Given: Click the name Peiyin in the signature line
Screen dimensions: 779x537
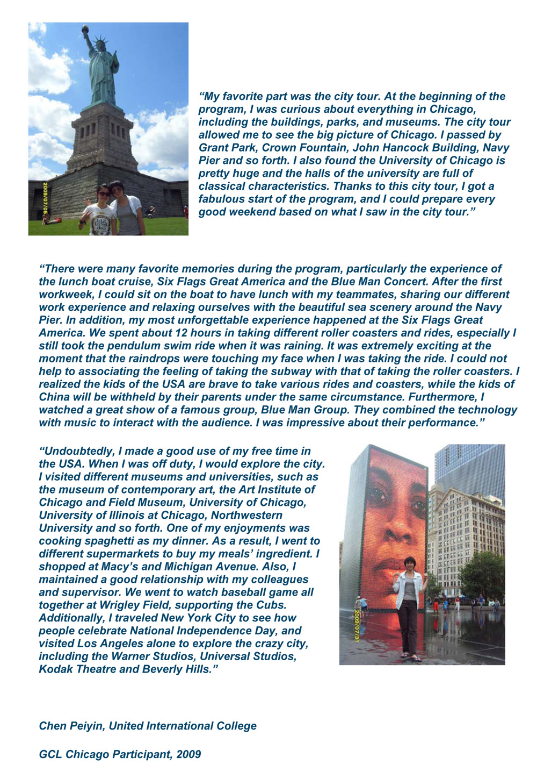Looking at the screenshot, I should tap(86, 727).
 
